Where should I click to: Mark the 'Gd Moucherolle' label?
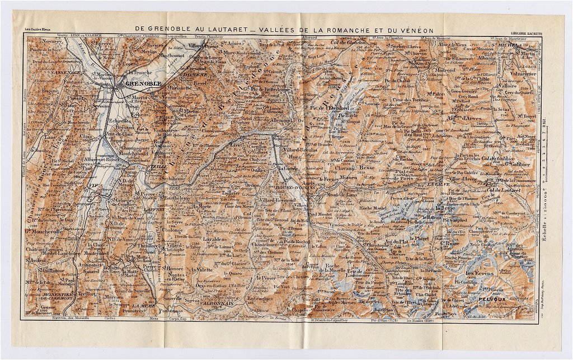[43, 229]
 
